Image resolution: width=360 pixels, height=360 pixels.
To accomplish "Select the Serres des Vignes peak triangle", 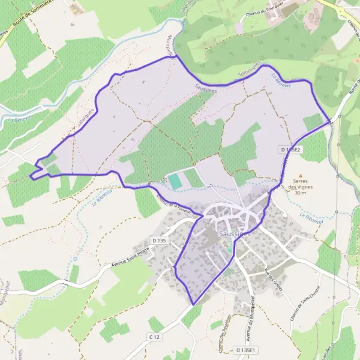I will click(301, 176).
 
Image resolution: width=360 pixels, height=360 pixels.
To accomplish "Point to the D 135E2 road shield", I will click(290, 148).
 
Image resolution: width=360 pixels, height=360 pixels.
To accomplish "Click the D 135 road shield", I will click(158, 241).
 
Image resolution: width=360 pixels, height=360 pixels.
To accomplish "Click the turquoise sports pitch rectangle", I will click(173, 180).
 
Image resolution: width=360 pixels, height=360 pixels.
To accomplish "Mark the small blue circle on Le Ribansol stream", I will click(76, 259).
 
